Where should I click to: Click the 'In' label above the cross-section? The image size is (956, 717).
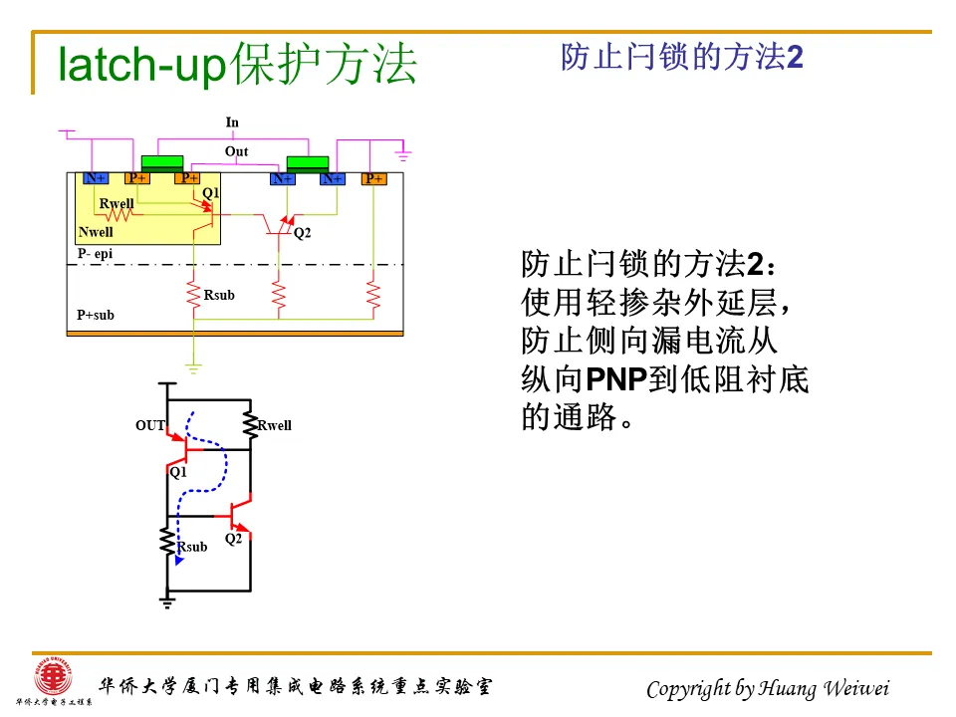pyautogui.click(x=232, y=122)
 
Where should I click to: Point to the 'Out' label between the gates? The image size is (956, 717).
pyautogui.click(x=236, y=151)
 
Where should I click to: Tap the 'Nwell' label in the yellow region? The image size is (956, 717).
pyautogui.click(x=96, y=232)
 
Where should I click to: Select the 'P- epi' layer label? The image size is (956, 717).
pyautogui.click(x=96, y=254)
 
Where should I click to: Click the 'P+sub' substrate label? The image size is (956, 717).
pyautogui.click(x=96, y=315)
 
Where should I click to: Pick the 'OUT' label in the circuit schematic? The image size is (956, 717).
pyautogui.click(x=150, y=425)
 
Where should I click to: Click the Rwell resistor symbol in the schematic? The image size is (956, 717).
pyautogui.click(x=250, y=425)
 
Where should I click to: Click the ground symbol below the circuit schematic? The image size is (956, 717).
pyautogui.click(x=167, y=600)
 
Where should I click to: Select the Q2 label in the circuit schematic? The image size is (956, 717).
pyautogui.click(x=233, y=539)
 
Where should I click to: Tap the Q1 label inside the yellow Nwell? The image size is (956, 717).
pyautogui.click(x=210, y=192)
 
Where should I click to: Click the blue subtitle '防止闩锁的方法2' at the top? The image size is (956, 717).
pyautogui.click(x=682, y=58)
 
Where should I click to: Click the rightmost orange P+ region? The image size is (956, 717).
pyautogui.click(x=373, y=178)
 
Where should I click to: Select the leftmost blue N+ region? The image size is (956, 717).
pyautogui.click(x=95, y=178)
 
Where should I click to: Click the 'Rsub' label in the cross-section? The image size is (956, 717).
pyautogui.click(x=219, y=295)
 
